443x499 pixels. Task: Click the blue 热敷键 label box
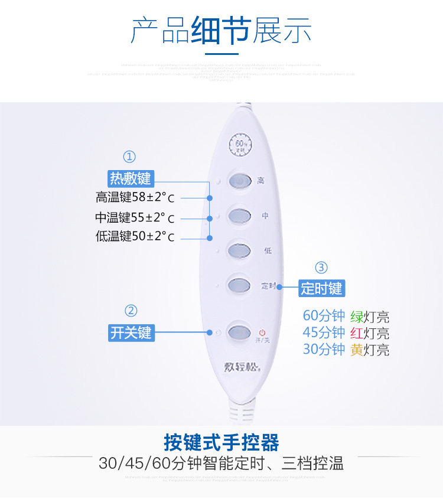click(x=130, y=178)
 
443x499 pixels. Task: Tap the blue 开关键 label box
click(x=131, y=332)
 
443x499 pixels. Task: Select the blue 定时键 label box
click(x=321, y=288)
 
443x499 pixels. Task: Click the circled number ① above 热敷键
click(x=129, y=157)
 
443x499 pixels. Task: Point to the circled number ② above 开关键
click(x=131, y=311)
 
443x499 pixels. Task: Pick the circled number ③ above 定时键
click(x=321, y=268)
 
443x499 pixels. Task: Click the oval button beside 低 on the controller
click(x=240, y=249)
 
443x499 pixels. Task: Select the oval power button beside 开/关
click(x=240, y=331)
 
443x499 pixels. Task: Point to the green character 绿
click(x=357, y=317)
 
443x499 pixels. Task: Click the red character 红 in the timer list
click(x=357, y=332)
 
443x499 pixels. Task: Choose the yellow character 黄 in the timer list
click(x=357, y=350)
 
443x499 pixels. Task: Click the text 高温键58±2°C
click(x=135, y=197)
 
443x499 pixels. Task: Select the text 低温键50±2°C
click(x=135, y=237)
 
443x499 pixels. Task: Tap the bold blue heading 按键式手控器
click(x=221, y=442)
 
